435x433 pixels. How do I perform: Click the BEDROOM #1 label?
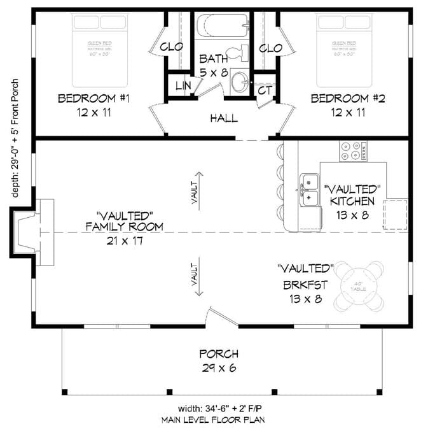pos(94,99)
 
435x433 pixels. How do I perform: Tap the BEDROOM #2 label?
pos(348,99)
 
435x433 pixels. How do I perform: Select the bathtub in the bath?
pos(222,27)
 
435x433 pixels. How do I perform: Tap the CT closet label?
pos(265,90)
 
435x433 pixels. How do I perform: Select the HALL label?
pos(223,118)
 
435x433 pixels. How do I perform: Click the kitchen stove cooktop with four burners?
pos(353,150)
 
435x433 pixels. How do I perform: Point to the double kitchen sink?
pos(310,191)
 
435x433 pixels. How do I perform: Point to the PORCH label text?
pos(218,354)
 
